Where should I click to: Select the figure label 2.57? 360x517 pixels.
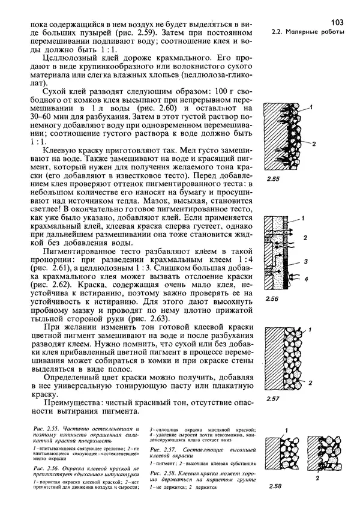[274, 399]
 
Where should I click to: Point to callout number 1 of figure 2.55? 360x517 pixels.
[312, 107]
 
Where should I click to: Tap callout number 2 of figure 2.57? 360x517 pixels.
[311, 382]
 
